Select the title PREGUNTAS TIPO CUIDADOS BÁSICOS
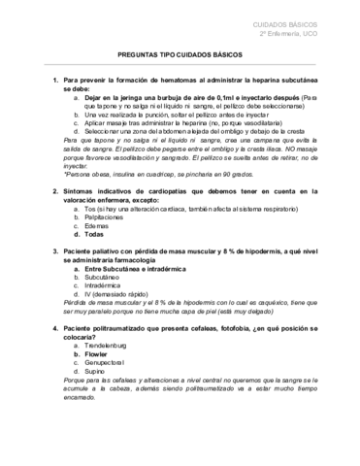(x=180, y=57)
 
